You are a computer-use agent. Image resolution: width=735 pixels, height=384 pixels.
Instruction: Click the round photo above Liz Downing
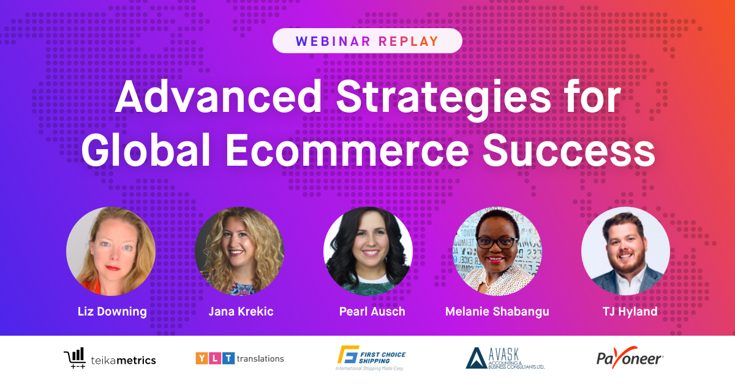coord(111,251)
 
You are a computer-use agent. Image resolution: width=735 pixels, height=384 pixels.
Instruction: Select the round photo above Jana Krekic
coord(239,251)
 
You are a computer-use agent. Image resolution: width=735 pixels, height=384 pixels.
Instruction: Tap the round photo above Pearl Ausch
coord(367,251)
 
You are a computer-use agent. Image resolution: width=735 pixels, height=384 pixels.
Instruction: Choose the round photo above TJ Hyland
coord(625,251)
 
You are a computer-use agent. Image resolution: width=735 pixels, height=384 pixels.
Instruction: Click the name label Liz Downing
coord(112,311)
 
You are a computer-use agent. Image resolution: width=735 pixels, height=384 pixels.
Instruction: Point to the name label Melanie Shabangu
coord(497,311)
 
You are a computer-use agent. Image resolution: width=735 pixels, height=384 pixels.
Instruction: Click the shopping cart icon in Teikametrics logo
coord(74,358)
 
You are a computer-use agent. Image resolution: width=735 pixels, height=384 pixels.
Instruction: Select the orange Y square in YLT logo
coord(201,358)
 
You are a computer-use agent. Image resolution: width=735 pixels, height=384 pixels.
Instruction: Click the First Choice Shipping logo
coord(371,358)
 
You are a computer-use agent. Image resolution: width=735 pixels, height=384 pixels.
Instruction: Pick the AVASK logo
coord(505,358)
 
